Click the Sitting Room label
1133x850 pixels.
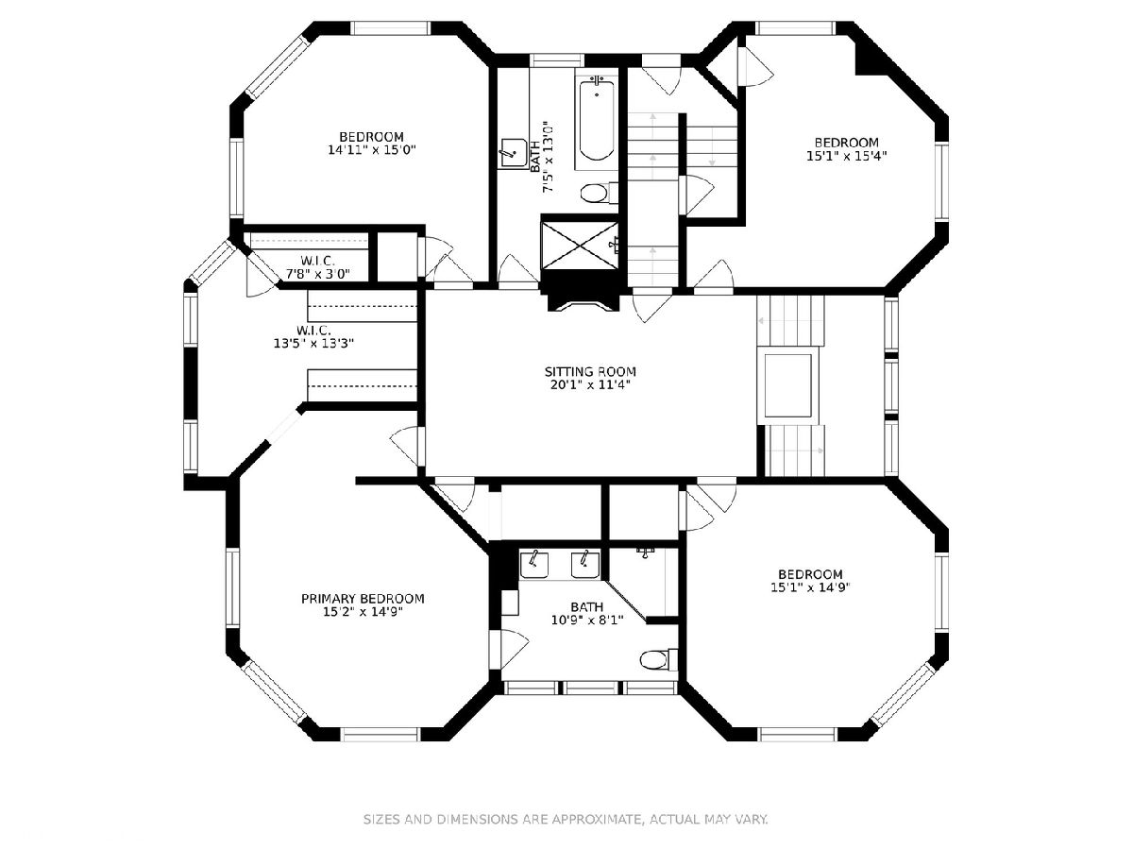(x=590, y=371)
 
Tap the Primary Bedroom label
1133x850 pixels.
(x=363, y=599)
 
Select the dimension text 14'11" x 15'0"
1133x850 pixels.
(x=372, y=150)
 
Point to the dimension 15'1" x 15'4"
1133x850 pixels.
(x=846, y=155)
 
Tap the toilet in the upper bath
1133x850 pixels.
(x=600, y=193)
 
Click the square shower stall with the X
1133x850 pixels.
(x=579, y=245)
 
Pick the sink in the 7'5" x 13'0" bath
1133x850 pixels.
(x=513, y=153)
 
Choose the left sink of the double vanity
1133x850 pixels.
(x=533, y=565)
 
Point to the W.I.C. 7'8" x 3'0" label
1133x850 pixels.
(x=318, y=267)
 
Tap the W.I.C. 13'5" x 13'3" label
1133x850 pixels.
(x=313, y=336)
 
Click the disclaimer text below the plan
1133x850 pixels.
(x=566, y=819)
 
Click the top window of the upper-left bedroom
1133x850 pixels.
(x=391, y=28)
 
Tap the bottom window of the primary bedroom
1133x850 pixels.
(x=380, y=735)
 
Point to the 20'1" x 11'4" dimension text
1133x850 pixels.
(x=590, y=384)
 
